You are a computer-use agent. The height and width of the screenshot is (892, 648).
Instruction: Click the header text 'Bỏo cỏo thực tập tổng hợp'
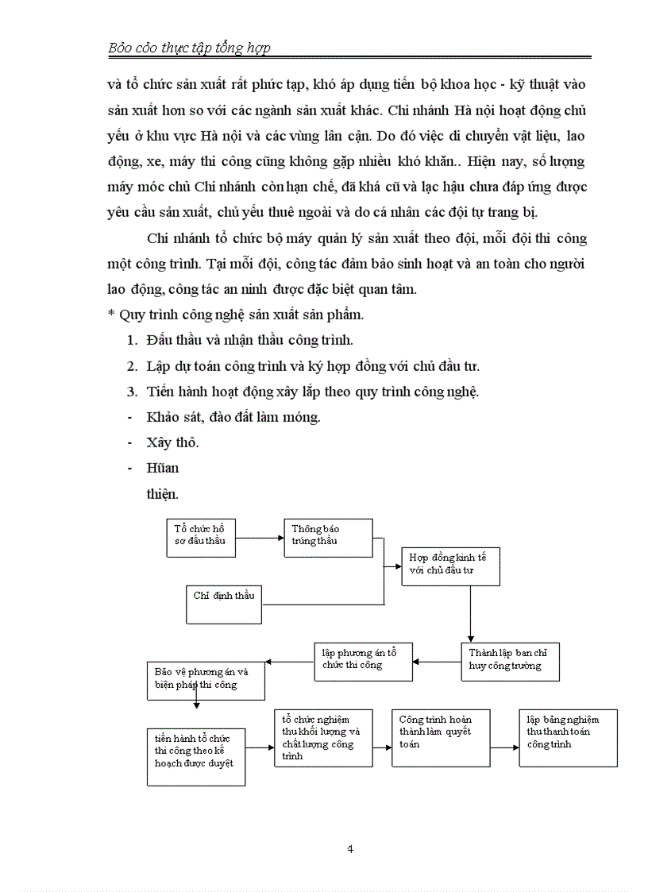click(189, 48)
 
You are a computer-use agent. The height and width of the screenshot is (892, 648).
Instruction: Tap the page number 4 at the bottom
click(350, 848)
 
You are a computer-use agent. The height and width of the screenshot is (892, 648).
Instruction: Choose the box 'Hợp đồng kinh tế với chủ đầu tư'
click(450, 566)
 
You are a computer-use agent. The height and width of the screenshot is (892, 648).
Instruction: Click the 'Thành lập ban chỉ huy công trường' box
click(510, 661)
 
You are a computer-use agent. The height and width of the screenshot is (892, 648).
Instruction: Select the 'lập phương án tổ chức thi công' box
click(363, 661)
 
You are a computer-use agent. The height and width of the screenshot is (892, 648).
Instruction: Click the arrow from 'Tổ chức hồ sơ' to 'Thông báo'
click(260, 537)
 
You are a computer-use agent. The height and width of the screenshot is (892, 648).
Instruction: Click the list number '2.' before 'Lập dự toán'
click(133, 366)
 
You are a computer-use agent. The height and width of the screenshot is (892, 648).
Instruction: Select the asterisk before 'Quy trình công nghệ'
click(111, 315)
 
